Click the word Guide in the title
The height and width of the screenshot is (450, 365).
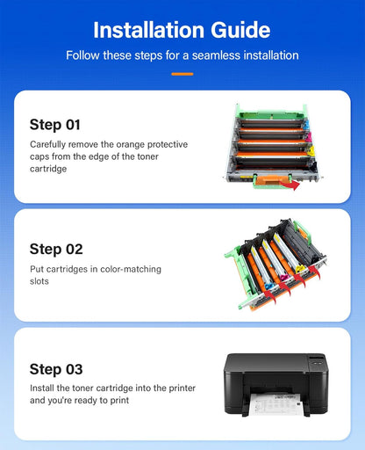[240, 30]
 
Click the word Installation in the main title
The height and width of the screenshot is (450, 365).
[149, 30]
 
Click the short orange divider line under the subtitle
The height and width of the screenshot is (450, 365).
[182, 74]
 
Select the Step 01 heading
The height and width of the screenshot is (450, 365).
[55, 125]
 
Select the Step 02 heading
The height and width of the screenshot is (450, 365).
[56, 250]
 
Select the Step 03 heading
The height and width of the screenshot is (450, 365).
[56, 369]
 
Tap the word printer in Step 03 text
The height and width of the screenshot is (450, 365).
[182, 388]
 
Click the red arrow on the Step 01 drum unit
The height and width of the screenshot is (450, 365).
[290, 185]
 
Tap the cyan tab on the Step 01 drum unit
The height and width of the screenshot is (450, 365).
[305, 125]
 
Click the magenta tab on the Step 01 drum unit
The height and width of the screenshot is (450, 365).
[309, 137]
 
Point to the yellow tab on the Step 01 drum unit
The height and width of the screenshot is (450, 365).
[311, 151]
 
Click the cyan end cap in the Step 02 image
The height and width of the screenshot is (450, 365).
[269, 286]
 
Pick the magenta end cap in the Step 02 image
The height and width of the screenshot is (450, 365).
[284, 277]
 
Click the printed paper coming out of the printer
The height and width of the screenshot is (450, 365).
[276, 403]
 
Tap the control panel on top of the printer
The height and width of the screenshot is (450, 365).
[317, 360]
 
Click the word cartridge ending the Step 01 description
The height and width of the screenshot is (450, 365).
[48, 169]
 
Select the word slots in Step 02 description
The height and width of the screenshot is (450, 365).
[39, 281]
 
